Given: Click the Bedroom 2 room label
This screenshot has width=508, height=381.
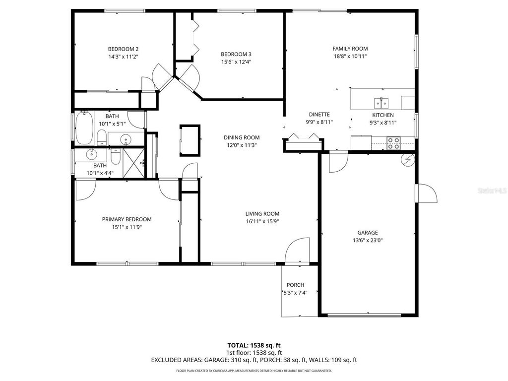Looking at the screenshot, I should (123, 49).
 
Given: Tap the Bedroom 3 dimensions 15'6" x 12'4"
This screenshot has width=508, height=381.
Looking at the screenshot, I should (236, 62).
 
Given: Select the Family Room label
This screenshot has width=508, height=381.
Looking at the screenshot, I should (350, 49).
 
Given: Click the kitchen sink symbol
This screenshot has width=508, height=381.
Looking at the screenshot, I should (381, 103).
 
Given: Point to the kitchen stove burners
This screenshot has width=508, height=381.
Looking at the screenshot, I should (394, 143).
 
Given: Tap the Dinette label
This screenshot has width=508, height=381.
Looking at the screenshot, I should (319, 114).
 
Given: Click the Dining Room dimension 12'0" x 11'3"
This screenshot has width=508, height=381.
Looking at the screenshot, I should (242, 145).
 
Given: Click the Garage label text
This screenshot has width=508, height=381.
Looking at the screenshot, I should (368, 232).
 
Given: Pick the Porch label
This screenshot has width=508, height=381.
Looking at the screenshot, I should (295, 285).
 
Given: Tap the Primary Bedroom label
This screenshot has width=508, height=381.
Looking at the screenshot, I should (127, 219).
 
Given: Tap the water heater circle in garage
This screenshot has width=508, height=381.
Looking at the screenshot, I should (408, 159).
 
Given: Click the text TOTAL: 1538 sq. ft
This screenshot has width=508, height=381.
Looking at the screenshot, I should (254, 345).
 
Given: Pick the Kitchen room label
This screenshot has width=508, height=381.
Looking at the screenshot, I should (383, 115).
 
